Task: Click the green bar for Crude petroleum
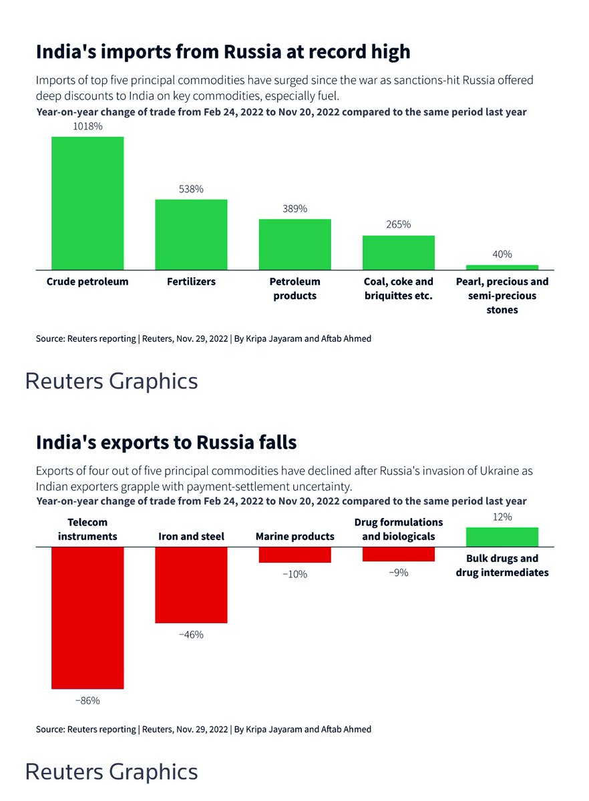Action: (87, 203)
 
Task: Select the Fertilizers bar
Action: (191, 234)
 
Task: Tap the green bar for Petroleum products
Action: (294, 244)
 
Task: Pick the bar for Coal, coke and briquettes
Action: (398, 252)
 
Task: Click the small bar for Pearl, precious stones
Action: (502, 267)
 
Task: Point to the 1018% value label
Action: (87, 126)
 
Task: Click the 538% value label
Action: (191, 189)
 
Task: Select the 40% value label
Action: (502, 254)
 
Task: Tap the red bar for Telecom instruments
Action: (87, 617)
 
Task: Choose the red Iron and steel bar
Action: (191, 585)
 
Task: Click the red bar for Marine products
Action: (294, 555)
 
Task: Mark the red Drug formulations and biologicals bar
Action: (398, 554)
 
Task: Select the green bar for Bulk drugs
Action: (502, 537)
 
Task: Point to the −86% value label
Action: (87, 701)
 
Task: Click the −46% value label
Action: (191, 635)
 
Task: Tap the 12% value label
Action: (502, 517)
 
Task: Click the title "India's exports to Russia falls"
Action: (166, 442)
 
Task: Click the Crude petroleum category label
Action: (87, 282)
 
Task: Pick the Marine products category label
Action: (294, 536)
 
